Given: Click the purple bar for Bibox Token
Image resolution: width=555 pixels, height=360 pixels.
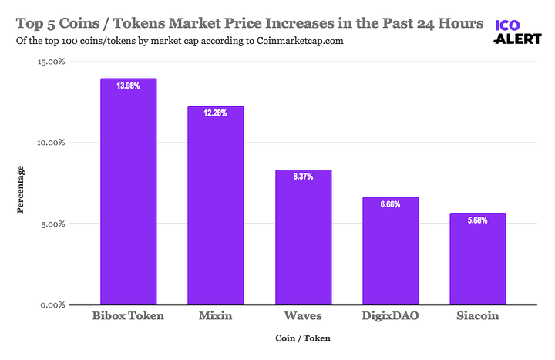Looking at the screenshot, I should (x=129, y=193).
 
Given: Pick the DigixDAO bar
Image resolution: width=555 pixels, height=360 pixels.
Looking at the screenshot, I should (x=391, y=251).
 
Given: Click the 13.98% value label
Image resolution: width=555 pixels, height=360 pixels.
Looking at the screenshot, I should (x=129, y=86).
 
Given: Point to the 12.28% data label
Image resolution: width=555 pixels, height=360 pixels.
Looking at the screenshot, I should (x=216, y=113).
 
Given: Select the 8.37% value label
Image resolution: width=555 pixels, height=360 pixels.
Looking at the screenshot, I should (x=303, y=177).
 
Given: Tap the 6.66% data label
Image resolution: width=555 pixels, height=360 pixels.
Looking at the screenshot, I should (x=391, y=204).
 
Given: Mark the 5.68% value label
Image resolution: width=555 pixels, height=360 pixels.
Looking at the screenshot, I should (x=478, y=220).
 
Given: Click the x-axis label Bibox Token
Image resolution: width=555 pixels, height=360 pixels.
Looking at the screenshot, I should (x=129, y=317).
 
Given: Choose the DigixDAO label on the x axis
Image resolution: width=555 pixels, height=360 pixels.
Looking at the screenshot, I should (x=391, y=317).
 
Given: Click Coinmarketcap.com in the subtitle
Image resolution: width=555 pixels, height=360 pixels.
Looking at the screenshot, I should (x=292, y=40).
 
